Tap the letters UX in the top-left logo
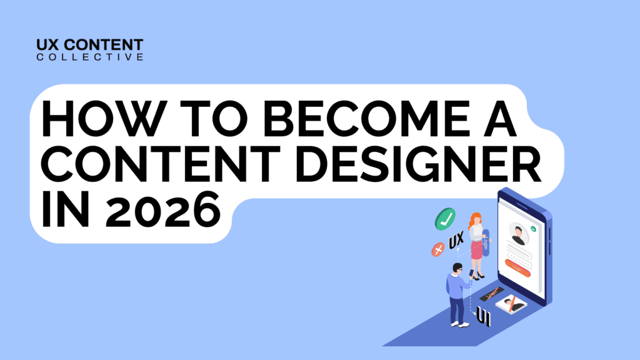click(49, 45)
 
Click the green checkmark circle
click(445, 219)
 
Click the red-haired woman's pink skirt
click(477, 248)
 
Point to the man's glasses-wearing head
click(457, 269)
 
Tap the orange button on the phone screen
click(517, 268)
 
